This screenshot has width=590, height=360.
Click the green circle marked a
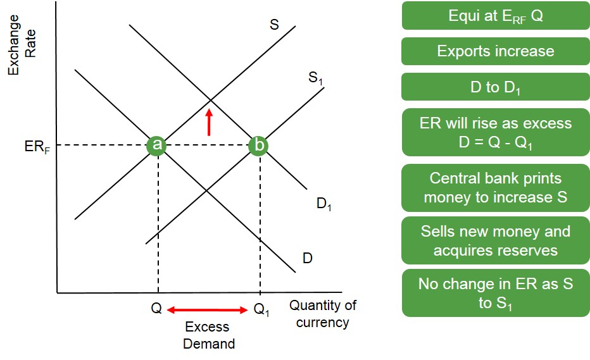point(156,146)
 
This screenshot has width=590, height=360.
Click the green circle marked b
point(258,146)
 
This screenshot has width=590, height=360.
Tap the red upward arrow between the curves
point(208,122)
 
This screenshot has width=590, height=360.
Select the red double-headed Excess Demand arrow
point(207,309)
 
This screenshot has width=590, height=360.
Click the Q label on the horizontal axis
point(156,308)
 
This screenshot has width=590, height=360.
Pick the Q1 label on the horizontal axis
point(261,309)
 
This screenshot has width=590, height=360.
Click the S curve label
point(274,25)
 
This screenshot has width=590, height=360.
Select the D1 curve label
point(324,204)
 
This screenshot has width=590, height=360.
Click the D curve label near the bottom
point(307,258)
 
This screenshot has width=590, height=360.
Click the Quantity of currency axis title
point(323,314)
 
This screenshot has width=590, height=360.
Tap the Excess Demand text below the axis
point(208,336)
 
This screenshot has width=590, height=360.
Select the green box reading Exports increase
point(496,51)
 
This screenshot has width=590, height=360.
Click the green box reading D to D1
point(496,87)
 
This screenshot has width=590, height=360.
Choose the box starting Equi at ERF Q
point(496,16)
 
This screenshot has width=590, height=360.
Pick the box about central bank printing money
point(496,188)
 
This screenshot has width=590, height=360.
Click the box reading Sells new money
point(496,241)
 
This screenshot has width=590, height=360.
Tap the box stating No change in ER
point(496,293)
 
